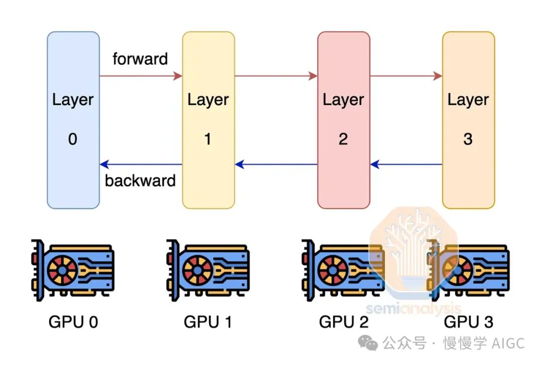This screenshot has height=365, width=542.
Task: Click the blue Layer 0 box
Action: click(x=73, y=120)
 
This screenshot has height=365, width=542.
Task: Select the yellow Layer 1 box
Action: click(x=208, y=120)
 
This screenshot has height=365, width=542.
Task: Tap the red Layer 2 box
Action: click(x=344, y=120)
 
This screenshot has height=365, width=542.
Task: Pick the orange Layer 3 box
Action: click(x=468, y=120)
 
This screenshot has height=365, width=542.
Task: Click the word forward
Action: click(x=140, y=59)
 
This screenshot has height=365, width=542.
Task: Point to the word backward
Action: click(x=140, y=180)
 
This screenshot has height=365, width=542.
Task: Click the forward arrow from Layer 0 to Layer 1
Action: click(x=141, y=76)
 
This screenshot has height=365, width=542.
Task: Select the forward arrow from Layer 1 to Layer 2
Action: click(x=276, y=76)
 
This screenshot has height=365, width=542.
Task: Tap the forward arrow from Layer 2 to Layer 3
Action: click(x=406, y=76)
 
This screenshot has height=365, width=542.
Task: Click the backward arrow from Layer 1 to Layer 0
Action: click(x=141, y=164)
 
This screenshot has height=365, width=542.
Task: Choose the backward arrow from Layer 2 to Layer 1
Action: click(x=276, y=164)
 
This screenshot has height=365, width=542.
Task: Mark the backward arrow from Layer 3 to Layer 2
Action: click(x=406, y=164)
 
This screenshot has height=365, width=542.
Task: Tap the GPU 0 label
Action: click(x=73, y=322)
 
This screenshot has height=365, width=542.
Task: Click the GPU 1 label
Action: click(x=208, y=322)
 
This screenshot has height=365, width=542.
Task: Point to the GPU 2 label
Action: click(x=344, y=322)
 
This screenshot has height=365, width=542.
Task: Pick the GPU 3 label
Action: click(x=469, y=322)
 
